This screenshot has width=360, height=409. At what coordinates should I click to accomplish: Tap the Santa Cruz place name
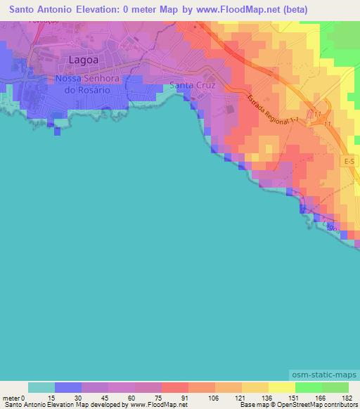192,86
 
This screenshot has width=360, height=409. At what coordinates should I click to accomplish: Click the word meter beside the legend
10,397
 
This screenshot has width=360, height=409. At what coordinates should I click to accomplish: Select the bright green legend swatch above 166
308,387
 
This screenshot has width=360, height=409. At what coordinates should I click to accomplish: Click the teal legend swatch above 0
41,387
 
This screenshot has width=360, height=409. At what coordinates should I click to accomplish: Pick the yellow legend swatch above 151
282,387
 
